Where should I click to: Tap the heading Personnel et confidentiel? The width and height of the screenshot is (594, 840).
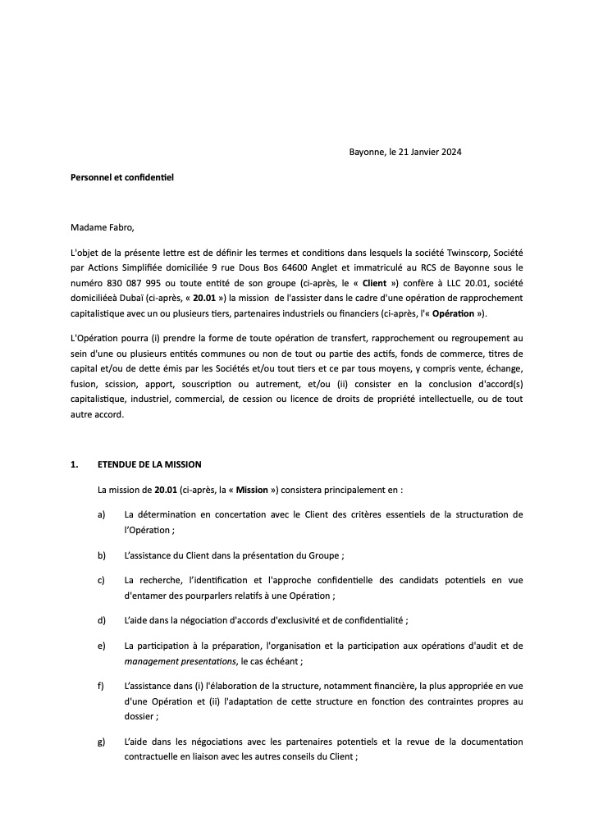(x=122, y=176)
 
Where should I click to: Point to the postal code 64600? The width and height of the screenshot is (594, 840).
(x=319, y=268)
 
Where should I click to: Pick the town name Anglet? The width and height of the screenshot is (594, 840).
(x=354, y=268)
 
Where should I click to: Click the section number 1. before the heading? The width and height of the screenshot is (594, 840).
(x=75, y=465)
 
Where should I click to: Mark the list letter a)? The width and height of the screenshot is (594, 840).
(x=102, y=514)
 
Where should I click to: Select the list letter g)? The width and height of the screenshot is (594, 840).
(x=102, y=742)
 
